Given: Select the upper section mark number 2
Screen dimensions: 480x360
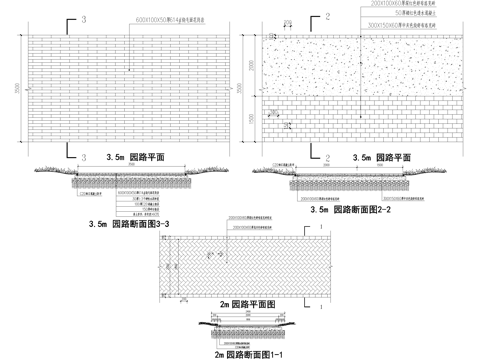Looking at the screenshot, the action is [x=327, y=17].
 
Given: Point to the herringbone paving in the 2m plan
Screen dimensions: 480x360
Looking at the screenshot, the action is [x=240, y=262].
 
